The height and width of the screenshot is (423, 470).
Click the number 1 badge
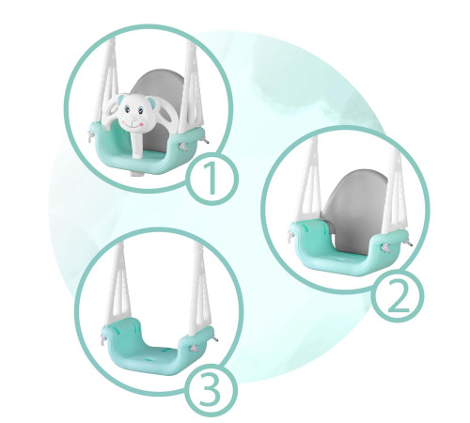[212, 179]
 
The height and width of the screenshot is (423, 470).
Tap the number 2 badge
[397, 296]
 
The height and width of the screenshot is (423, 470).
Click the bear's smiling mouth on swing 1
[133, 125]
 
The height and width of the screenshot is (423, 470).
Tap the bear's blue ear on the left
[120, 101]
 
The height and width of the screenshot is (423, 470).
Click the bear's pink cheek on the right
[142, 124]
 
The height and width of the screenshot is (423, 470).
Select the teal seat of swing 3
[158, 346]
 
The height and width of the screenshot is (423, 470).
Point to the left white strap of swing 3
[118, 284]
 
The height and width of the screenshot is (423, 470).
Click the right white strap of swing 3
[200, 285]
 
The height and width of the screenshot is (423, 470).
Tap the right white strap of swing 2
[396, 191]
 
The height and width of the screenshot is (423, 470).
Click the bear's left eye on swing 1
[127, 110]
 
